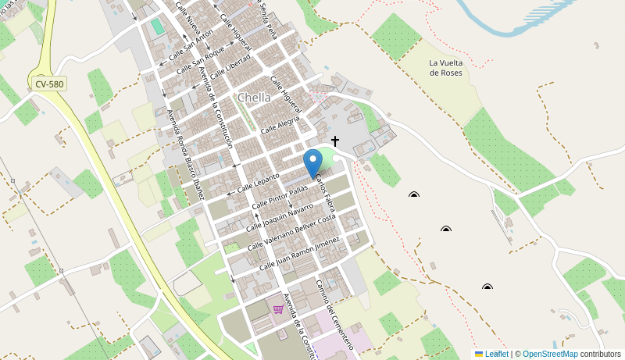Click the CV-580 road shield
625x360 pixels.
tap(49, 84)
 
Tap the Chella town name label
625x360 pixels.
tap(254, 98)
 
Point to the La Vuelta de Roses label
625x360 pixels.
tap(445, 68)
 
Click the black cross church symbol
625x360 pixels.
tap(335, 141)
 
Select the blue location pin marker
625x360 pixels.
tap(312, 163)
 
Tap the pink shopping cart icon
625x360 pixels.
tap(278, 309)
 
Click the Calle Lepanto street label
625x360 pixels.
tap(258, 182)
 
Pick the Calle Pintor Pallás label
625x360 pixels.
tap(280, 198)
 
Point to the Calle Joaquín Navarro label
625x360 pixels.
tap(279, 216)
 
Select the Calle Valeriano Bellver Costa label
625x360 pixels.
tap(291, 232)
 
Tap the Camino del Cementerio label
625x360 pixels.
tap(334, 314)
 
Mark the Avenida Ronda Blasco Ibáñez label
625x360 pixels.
tap(185, 154)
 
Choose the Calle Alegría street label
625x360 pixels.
tap(280, 123)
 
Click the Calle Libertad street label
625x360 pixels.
tap(230, 65)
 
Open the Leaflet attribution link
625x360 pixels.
tap(496, 354)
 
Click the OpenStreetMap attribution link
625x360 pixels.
tap(550, 354)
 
